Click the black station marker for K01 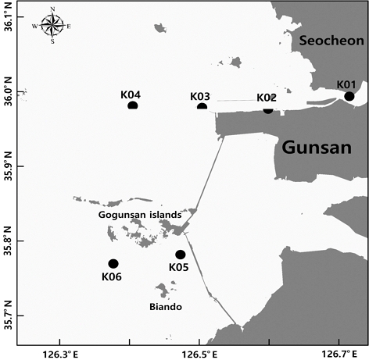point(349,97)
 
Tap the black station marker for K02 point(268,109)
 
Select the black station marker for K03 point(202,107)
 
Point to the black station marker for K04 point(133,105)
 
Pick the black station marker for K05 point(181,255)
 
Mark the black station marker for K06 point(113,264)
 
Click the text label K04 point(131,94)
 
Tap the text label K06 point(112,276)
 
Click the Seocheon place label point(327,41)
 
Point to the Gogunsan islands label point(141,214)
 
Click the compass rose point(52,26)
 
